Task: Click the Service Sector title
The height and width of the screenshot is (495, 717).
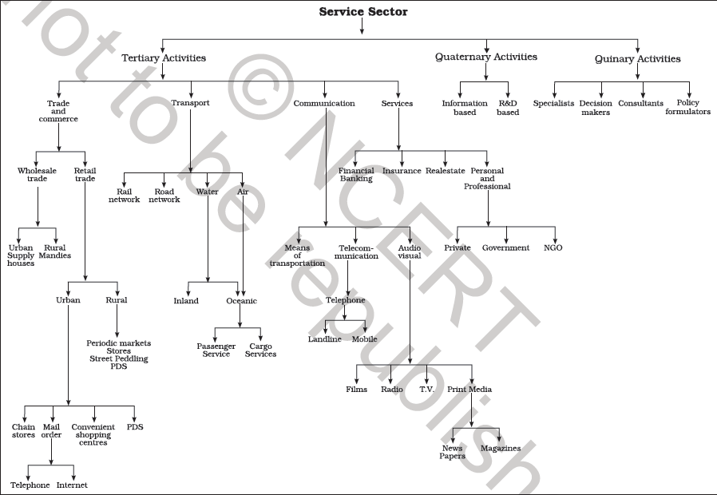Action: (362, 11)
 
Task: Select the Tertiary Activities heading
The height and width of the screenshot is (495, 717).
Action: (164, 57)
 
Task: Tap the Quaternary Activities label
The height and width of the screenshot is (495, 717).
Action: (485, 57)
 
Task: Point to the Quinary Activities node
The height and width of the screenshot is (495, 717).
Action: (637, 58)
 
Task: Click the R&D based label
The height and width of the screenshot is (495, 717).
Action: (508, 108)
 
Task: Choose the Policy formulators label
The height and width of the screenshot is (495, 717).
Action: (687, 108)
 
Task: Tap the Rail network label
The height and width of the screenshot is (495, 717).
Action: (124, 196)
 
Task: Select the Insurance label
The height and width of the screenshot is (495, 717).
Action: (402, 171)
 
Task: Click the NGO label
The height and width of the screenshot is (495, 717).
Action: (553, 247)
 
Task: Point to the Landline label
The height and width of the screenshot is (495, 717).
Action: (324, 339)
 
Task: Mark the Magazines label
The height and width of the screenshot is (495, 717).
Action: (500, 449)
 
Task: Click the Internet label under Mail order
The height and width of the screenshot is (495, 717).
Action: (71, 485)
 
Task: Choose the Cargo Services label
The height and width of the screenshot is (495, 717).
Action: (260, 350)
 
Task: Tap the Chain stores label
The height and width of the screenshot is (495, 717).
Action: (23, 431)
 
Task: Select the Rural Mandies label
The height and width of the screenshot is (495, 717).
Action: (56, 251)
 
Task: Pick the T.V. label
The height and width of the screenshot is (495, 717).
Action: (426, 390)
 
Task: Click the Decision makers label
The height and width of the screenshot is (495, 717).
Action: (596, 108)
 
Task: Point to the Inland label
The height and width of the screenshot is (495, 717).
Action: (186, 301)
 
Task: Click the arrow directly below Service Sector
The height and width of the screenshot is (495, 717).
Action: (362, 26)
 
